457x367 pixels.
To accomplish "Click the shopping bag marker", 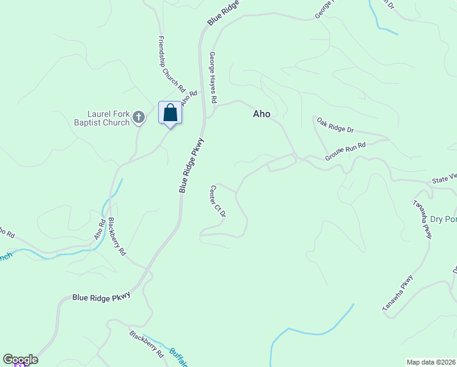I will (x=170, y=113).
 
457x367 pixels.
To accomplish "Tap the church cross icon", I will (x=139, y=117).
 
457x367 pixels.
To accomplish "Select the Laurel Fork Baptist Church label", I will (x=109, y=118).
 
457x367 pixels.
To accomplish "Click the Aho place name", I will (x=261, y=114).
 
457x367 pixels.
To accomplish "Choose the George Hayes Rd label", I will (x=213, y=77).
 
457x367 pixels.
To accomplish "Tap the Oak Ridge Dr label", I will (x=335, y=125).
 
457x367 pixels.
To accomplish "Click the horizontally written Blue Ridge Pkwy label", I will (x=101, y=297).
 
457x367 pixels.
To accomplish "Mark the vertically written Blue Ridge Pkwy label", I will (x=191, y=166).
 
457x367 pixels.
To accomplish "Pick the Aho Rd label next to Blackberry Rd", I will (x=100, y=229).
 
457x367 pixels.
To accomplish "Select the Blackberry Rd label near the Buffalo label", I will (x=147, y=344).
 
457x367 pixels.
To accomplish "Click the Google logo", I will (x=20, y=360).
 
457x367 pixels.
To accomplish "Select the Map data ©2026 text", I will (x=431, y=361).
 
